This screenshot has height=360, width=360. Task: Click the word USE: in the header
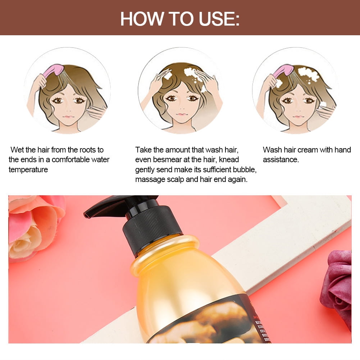(219, 19)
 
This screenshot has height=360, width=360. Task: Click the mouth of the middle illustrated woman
(182, 113)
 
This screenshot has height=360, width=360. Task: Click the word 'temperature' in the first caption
(28, 170)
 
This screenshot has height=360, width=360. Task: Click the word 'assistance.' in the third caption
(281, 160)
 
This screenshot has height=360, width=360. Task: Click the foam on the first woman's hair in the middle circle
(191, 72)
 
